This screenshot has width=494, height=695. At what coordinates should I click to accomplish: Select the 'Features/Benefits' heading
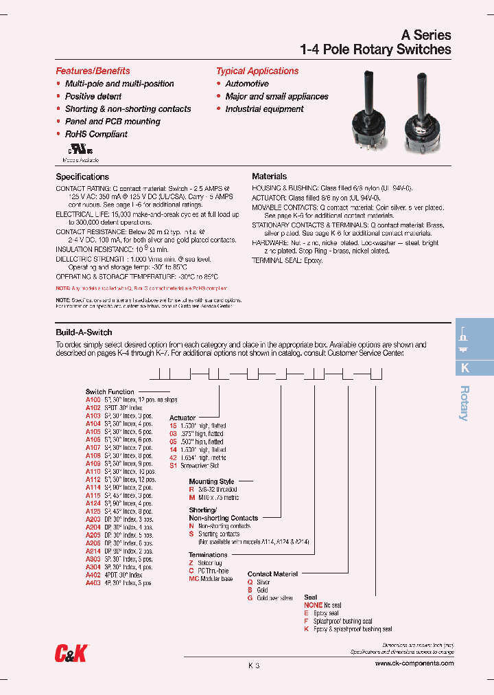[x=93, y=71]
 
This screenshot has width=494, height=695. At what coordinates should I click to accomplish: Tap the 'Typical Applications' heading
[x=257, y=71]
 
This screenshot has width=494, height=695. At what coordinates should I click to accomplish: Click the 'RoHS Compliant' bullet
[x=96, y=134]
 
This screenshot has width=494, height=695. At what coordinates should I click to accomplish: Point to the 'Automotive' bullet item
[x=247, y=84]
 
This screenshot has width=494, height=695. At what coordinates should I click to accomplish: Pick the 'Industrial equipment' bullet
[x=264, y=109]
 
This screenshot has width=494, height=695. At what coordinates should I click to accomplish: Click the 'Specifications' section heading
[x=82, y=176]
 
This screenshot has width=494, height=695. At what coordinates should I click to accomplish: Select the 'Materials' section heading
[x=269, y=176]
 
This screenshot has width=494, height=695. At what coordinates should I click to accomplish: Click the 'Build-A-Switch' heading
[x=84, y=332]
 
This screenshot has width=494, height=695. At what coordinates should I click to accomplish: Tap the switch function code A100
[x=93, y=399]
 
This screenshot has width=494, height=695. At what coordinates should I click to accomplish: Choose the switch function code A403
[x=93, y=582]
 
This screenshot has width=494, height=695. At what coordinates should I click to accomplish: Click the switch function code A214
[x=93, y=551]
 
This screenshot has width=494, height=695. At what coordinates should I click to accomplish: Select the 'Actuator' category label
[x=183, y=418]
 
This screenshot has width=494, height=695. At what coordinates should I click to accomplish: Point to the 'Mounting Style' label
[x=211, y=481]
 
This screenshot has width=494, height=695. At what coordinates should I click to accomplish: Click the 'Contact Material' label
[x=272, y=573]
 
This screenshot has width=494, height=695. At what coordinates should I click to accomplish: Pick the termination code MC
[x=193, y=579]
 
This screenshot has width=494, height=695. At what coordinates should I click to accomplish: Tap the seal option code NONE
[x=313, y=605]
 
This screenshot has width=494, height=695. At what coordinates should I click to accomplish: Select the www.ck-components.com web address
[x=414, y=663]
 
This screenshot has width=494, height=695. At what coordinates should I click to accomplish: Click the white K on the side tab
[x=465, y=367]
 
